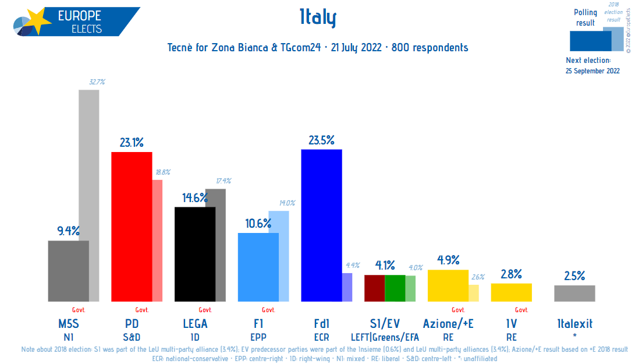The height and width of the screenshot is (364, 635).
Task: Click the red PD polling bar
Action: coord(132,227)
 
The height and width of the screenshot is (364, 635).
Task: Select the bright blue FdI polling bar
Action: coord(321,225)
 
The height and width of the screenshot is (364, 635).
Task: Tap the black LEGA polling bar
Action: coord(195,254)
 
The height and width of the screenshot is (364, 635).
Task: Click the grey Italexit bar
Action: coord(574,293)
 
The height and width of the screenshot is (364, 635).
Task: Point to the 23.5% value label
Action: coord(321,140)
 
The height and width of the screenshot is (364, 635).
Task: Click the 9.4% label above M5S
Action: coord(68,231)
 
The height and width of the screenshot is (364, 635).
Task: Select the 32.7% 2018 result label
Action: coord(97,82)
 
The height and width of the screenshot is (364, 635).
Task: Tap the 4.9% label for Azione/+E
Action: coord(448,260)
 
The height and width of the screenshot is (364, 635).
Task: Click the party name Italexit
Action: coord(574,323)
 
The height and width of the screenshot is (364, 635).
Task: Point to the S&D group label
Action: coord(132,336)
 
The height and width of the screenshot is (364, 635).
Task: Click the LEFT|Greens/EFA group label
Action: coord(384,336)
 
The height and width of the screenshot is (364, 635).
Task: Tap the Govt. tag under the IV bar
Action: coord(522,310)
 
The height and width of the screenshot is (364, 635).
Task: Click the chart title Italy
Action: coord(318,19)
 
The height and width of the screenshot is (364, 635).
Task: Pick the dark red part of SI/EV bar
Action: coord(374,288)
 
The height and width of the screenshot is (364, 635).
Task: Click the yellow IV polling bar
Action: coord(511,292)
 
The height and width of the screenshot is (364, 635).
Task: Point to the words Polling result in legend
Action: coord(585,17)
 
